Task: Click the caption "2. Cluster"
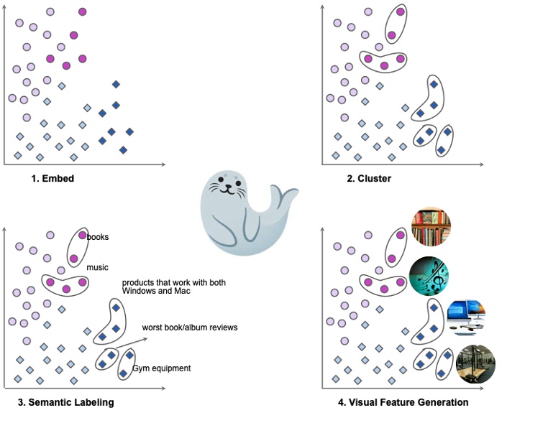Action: tap(369, 178)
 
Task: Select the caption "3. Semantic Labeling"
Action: tap(65, 402)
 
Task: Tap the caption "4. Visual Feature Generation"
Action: tap(403, 402)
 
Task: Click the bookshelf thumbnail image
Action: tap(430, 227)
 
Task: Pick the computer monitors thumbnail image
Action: tap(465, 318)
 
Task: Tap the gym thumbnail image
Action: tap(475, 363)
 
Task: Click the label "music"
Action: tap(97, 267)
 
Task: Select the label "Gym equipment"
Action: tap(161, 368)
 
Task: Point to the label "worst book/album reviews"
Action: tap(190, 327)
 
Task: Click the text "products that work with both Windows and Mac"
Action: tap(173, 287)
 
